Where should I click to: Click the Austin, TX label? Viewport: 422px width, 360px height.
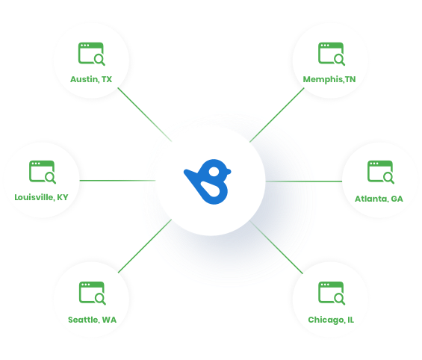point(91,79)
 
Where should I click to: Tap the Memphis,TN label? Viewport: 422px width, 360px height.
point(329,79)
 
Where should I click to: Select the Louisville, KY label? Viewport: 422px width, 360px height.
point(41,197)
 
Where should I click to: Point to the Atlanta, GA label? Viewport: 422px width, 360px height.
point(379,199)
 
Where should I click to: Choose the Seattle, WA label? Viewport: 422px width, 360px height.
point(92,320)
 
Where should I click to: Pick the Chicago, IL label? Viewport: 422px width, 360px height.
point(331,320)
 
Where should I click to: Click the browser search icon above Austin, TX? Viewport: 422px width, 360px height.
point(92,54)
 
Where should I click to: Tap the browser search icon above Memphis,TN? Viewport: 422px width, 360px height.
point(332,54)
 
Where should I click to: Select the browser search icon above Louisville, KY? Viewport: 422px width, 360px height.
point(43,173)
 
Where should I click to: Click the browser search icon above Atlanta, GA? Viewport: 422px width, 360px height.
point(381,173)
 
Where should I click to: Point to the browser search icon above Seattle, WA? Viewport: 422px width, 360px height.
point(93,294)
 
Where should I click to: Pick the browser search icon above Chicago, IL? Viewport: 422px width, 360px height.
point(332,294)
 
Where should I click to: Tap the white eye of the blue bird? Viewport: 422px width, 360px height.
point(214,171)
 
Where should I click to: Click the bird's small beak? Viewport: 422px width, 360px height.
point(228,172)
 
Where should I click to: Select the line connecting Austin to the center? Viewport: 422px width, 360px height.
point(145,114)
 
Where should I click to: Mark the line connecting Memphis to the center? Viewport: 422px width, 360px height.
point(276,115)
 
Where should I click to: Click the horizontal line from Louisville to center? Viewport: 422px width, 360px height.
point(117,181)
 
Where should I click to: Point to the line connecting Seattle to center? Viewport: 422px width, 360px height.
point(145,246)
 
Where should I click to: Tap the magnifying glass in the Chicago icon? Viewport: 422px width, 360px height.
point(339,299)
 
